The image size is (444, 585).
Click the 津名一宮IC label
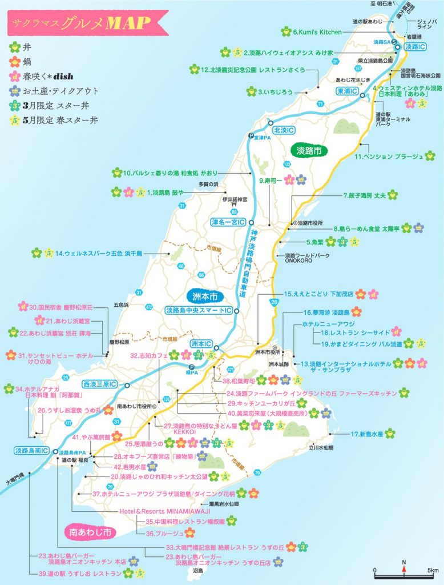(x=228, y=221)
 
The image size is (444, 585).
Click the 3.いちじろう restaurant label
(x=275, y=91)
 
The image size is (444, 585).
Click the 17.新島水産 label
(x=366, y=434)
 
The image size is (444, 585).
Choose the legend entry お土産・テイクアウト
(x=59, y=91)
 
